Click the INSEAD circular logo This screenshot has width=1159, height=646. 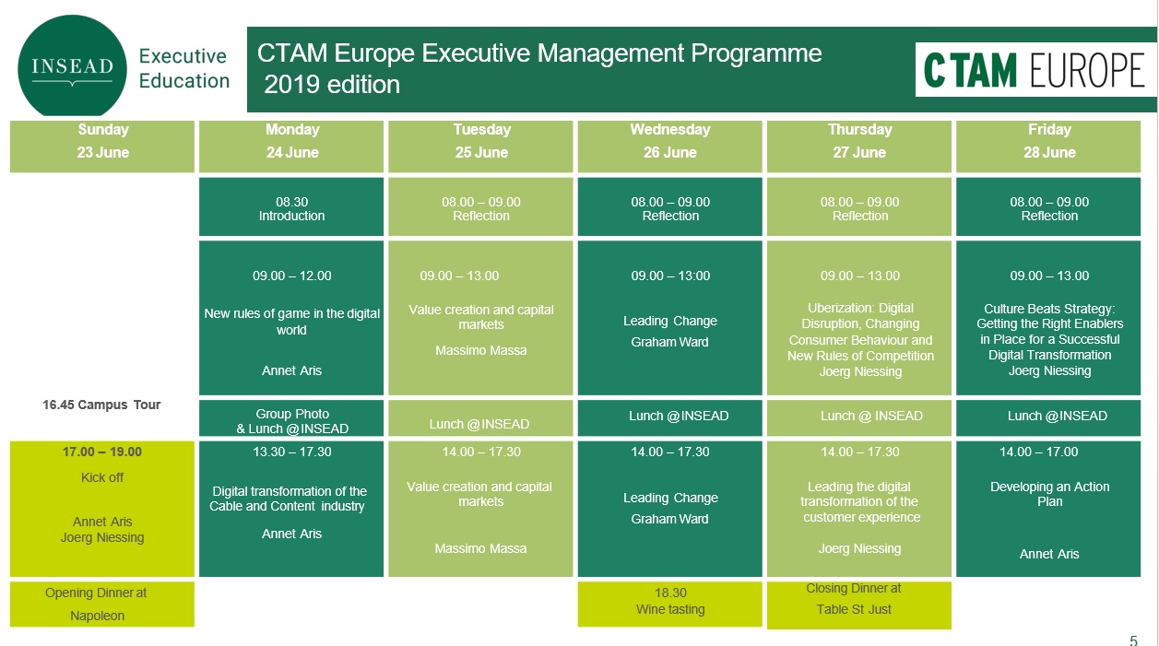72,65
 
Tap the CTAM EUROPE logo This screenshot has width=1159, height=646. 1035,70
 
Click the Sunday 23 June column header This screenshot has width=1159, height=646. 102,146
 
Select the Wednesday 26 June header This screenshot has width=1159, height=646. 669,146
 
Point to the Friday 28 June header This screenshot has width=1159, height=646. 1048,146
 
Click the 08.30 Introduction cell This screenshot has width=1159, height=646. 291,206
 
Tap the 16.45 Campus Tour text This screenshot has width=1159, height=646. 101,405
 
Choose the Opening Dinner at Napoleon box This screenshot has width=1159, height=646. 102,605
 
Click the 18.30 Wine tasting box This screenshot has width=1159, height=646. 669,605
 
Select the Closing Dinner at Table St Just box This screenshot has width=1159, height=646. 859,605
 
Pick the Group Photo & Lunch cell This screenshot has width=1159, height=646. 291,417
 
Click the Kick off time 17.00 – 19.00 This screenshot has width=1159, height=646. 102,452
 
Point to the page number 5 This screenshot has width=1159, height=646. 1134,640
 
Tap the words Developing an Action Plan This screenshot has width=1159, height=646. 1049,494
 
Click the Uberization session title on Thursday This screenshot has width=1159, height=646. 860,332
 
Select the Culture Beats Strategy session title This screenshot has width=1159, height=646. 1049,332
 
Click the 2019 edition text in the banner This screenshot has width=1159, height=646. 332,85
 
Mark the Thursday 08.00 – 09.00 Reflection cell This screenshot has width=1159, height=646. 859,206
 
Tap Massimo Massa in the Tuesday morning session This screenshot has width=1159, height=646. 480,351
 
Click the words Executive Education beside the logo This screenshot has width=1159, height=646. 183,68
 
